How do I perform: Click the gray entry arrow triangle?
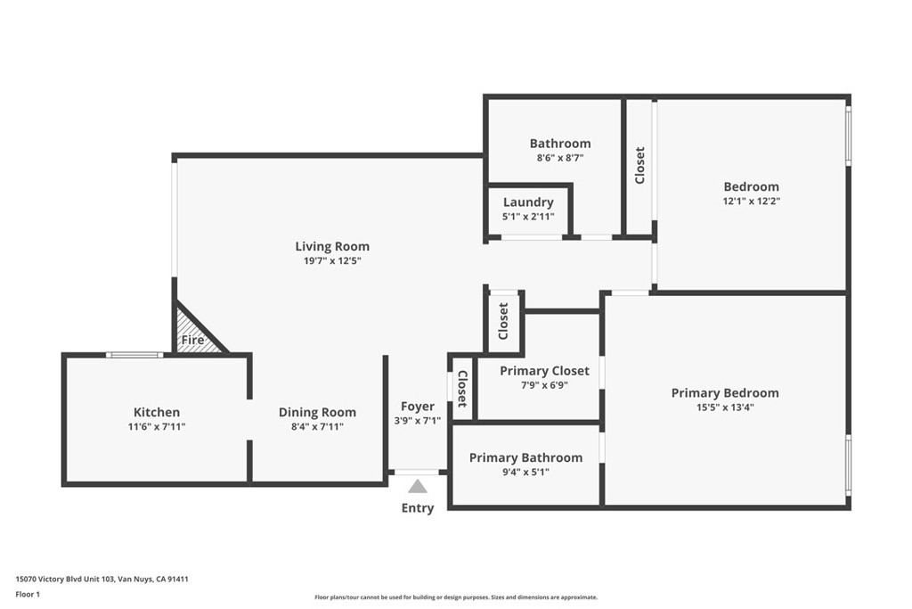pyautogui.click(x=417, y=486)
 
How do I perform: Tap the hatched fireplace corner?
pyautogui.click(x=195, y=332)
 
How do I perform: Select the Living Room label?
pyautogui.click(x=332, y=246)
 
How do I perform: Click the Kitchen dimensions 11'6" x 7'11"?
pyautogui.click(x=157, y=427)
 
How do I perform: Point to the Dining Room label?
pyautogui.click(x=318, y=412)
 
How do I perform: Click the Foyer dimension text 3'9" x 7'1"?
pyautogui.click(x=417, y=420)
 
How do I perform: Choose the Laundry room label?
pyautogui.click(x=528, y=202)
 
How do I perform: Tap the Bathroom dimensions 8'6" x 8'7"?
pyautogui.click(x=560, y=158)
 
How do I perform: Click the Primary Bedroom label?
pyautogui.click(x=725, y=393)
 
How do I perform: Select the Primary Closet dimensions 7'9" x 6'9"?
pyautogui.click(x=544, y=385)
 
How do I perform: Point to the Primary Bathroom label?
pyautogui.click(x=525, y=457)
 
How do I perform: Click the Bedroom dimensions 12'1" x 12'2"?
pyautogui.click(x=752, y=201)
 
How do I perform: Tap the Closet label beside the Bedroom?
pyautogui.click(x=639, y=165)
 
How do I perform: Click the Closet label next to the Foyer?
pyautogui.click(x=462, y=389)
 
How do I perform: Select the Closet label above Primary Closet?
pyautogui.click(x=504, y=321)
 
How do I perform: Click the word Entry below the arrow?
pyautogui.click(x=418, y=507)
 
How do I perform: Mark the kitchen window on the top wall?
pyautogui.click(x=134, y=355)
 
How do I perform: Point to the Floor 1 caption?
pyautogui.click(x=28, y=595)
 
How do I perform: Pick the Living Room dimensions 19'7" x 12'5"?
pyautogui.click(x=332, y=261)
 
